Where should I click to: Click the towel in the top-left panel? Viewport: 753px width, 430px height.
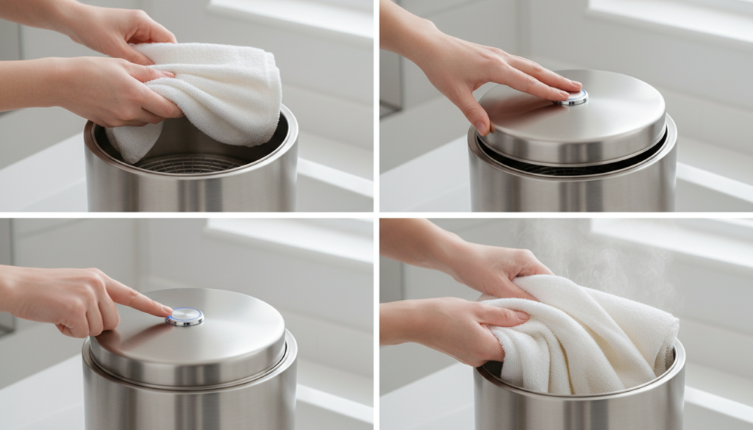tap(221, 92)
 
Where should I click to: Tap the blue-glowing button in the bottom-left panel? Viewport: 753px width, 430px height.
tap(184, 316)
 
